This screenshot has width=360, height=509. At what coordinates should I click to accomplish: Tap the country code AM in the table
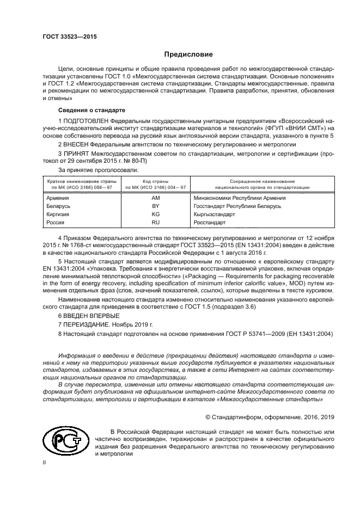pyautogui.click(x=155, y=198)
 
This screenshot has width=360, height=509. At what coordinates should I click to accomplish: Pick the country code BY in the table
pyautogui.click(x=155, y=206)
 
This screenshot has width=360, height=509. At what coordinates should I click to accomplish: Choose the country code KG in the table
pyautogui.click(x=155, y=214)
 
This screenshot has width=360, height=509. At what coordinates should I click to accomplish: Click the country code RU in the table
pyautogui.click(x=155, y=223)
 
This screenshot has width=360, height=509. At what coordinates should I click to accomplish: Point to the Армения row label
pyautogui.click(x=58, y=198)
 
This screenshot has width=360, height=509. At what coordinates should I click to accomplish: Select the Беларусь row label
pyautogui.click(x=59, y=206)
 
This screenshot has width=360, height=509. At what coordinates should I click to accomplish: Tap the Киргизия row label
pyautogui.click(x=59, y=214)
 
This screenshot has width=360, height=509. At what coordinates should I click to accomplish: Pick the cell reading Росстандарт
pyautogui.click(x=210, y=223)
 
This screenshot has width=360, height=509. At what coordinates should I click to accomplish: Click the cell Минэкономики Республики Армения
pyautogui.click(x=240, y=198)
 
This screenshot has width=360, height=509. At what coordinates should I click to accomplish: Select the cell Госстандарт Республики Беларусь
pyautogui.click(x=237, y=206)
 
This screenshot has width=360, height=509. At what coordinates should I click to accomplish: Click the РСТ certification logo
pyautogui.click(x=65, y=439)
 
